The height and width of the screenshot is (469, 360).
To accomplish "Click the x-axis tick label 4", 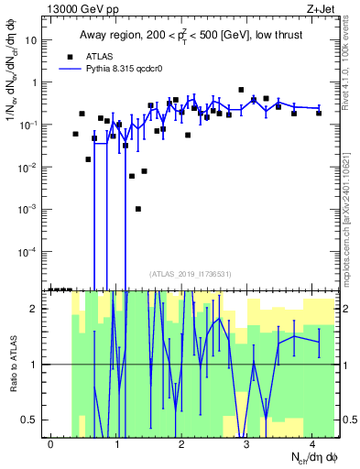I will (x=312, y=443).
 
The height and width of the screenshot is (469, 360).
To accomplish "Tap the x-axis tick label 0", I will (x=51, y=443).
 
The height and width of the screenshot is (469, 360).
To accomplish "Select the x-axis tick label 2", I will (x=181, y=443).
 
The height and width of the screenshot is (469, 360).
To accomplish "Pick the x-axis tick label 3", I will (x=247, y=443).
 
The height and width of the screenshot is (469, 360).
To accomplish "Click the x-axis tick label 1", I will (x=116, y=443).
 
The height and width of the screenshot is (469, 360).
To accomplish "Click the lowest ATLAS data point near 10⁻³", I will (x=138, y=209).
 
